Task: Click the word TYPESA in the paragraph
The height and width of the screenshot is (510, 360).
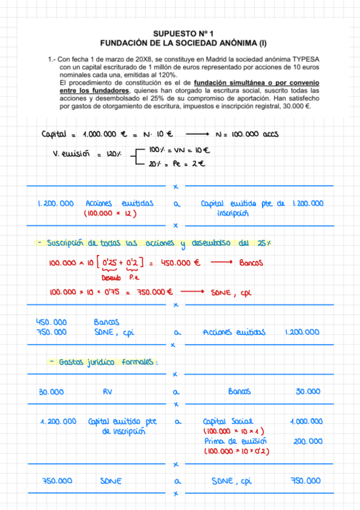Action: (306, 60)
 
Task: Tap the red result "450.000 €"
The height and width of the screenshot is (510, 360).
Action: (180, 262)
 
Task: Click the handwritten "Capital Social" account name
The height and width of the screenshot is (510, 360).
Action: (230, 421)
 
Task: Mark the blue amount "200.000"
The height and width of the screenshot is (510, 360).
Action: (308, 441)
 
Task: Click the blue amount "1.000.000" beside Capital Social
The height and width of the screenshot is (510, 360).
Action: (306, 421)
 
